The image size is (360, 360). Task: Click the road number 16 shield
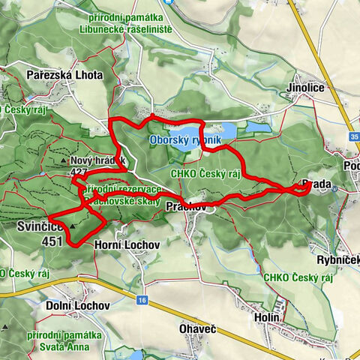142,299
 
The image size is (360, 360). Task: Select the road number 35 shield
353,137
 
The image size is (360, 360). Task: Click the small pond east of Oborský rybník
260,130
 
